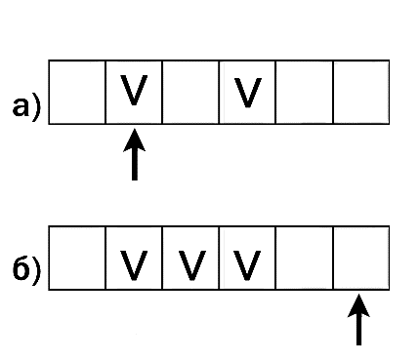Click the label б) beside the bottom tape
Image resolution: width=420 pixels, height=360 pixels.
coord(27,269)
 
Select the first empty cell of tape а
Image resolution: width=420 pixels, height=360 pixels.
coord(77,92)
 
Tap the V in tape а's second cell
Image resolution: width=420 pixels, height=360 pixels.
coord(134,90)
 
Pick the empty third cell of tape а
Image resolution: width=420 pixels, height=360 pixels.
coord(190,92)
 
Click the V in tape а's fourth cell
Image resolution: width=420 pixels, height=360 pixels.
coord(248,93)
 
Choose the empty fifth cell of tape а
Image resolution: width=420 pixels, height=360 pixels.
coord(305,92)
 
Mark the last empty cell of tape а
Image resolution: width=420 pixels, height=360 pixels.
coord(361,92)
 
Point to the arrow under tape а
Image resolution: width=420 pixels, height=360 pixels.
coord(135,154)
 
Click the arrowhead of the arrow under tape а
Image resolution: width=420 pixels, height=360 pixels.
coord(135,140)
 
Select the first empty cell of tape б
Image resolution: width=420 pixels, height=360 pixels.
coord(77,258)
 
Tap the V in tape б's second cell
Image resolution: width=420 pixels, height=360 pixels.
coord(134,265)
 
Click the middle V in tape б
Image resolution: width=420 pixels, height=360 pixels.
coord(192,265)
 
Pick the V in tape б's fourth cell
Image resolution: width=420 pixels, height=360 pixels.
coord(247,265)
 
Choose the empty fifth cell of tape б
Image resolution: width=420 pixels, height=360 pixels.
coord(305,258)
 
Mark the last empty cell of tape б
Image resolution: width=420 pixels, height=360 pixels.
coord(361,258)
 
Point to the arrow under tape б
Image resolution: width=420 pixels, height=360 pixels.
coord(358,319)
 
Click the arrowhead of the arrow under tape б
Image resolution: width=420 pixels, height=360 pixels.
coord(358,305)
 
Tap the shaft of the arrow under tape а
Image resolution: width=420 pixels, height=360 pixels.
coord(135,165)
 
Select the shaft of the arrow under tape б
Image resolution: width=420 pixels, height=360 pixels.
coord(358,331)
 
